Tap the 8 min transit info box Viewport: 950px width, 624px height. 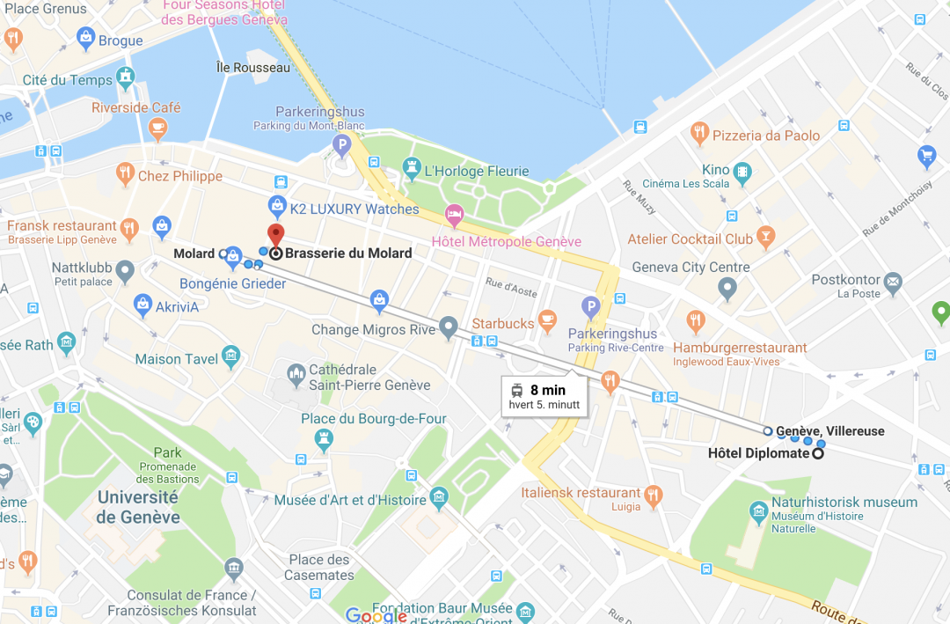click(x=544, y=397)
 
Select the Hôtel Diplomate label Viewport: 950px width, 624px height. click(x=757, y=453)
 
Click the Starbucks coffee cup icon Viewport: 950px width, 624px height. click(x=547, y=317)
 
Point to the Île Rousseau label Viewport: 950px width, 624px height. click(x=252, y=67)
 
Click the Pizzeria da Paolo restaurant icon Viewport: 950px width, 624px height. click(x=699, y=135)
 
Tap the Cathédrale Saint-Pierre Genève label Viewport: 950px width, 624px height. click(x=369, y=378)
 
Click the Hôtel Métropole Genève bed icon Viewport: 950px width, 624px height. click(x=454, y=214)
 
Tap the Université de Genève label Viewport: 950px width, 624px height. click(x=138, y=507)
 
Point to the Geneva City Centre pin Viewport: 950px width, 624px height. click(x=727, y=287)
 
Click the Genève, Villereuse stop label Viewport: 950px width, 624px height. click(x=829, y=430)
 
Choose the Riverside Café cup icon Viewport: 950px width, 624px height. click(x=157, y=129)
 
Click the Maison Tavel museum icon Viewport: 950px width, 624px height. click(x=231, y=356)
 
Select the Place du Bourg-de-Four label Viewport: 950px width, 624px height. click(x=374, y=419)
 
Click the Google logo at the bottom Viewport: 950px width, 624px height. click(x=376, y=616)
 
